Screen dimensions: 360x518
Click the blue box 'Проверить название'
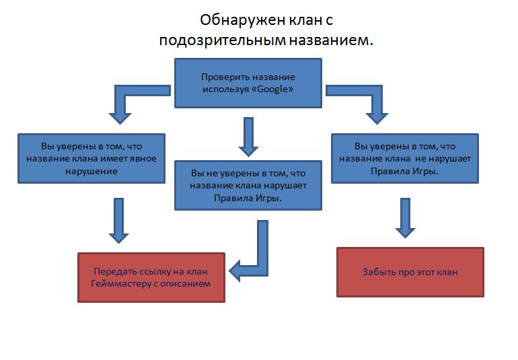pyautogui.click(x=248, y=83)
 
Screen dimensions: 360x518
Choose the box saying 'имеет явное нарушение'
pyautogui.click(x=91, y=158)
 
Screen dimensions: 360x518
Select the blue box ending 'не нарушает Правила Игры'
pyautogui.click(x=405, y=158)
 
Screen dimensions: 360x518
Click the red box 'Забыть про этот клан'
pyautogui.click(x=410, y=272)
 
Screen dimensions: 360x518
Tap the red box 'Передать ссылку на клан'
pyautogui.click(x=151, y=277)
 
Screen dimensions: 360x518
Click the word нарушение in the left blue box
pyautogui.click(x=91, y=171)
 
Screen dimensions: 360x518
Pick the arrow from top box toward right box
pyautogui.click(x=363, y=98)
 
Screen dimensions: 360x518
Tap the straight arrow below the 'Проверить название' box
pyautogui.click(x=248, y=137)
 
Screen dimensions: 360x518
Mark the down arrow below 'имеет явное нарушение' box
pyautogui.click(x=119, y=219)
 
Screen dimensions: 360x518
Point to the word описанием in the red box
pyautogui.click(x=189, y=283)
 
